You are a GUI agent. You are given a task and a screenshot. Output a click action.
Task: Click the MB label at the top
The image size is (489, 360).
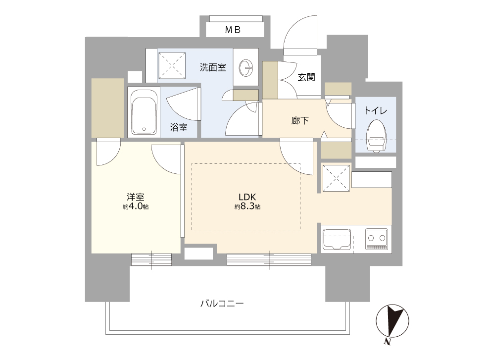point(233,30)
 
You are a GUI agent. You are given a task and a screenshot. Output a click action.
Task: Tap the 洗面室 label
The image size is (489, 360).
point(213,67)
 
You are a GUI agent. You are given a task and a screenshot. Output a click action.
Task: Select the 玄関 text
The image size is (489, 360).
point(306,77)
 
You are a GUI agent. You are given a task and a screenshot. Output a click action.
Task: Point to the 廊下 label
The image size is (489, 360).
point(300,120)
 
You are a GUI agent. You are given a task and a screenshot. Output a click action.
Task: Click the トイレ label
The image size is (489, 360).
point(376,110)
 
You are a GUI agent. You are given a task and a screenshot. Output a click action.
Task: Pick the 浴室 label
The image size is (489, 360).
point(178,127)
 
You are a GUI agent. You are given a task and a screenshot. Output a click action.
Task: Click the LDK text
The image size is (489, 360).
point(247,197)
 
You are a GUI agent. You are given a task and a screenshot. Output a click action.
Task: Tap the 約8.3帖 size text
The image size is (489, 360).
point(247,206)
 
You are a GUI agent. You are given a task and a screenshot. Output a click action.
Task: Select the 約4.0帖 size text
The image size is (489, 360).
point(136,206)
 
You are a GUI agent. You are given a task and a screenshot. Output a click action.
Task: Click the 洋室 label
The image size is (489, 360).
point(136,197)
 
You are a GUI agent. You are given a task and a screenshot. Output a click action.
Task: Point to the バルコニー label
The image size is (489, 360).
point(222,303)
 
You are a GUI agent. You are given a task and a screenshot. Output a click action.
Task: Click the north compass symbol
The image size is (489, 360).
point(392,321)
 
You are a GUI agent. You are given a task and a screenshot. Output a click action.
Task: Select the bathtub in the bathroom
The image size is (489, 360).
point(144,112)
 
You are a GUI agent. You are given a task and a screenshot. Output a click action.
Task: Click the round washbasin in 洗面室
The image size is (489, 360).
point(246,67)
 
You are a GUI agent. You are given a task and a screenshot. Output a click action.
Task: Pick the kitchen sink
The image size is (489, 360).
point(337,239)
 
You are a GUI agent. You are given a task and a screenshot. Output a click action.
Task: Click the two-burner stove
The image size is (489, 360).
point(377,239)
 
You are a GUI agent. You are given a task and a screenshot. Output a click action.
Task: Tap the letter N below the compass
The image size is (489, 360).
point(388,342)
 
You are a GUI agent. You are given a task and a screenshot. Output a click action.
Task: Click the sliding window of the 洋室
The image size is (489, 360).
point(151,259)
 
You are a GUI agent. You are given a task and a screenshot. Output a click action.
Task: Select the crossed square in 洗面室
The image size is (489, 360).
point(172,66)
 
